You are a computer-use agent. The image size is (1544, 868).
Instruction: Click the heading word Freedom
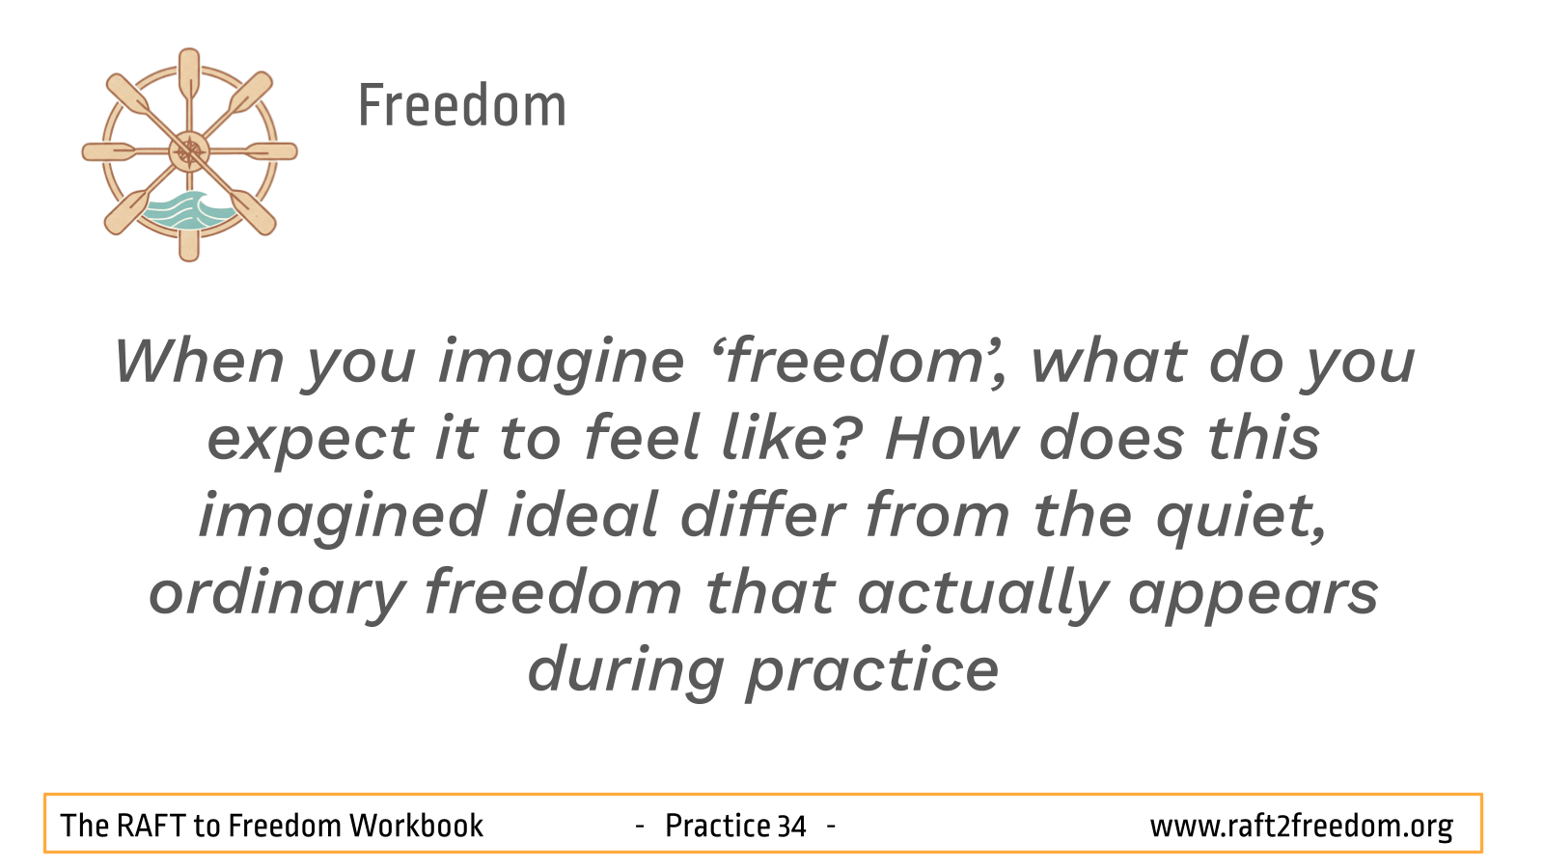click(462, 105)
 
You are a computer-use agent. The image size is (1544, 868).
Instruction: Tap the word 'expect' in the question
click(311, 441)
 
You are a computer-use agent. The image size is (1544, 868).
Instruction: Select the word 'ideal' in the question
click(583, 515)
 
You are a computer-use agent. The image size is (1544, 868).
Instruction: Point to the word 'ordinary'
click(277, 595)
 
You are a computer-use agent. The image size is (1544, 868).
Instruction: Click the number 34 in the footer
click(792, 826)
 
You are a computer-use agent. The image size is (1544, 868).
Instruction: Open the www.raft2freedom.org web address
click(1302, 827)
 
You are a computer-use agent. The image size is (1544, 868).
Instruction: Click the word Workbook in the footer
click(416, 826)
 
